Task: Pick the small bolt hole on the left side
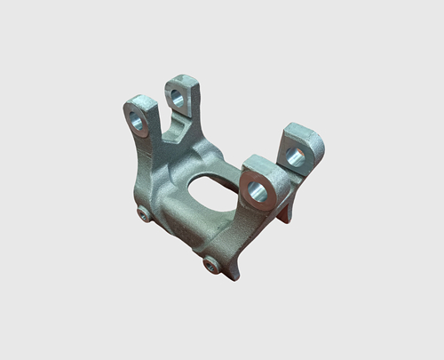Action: coord(145,215)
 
